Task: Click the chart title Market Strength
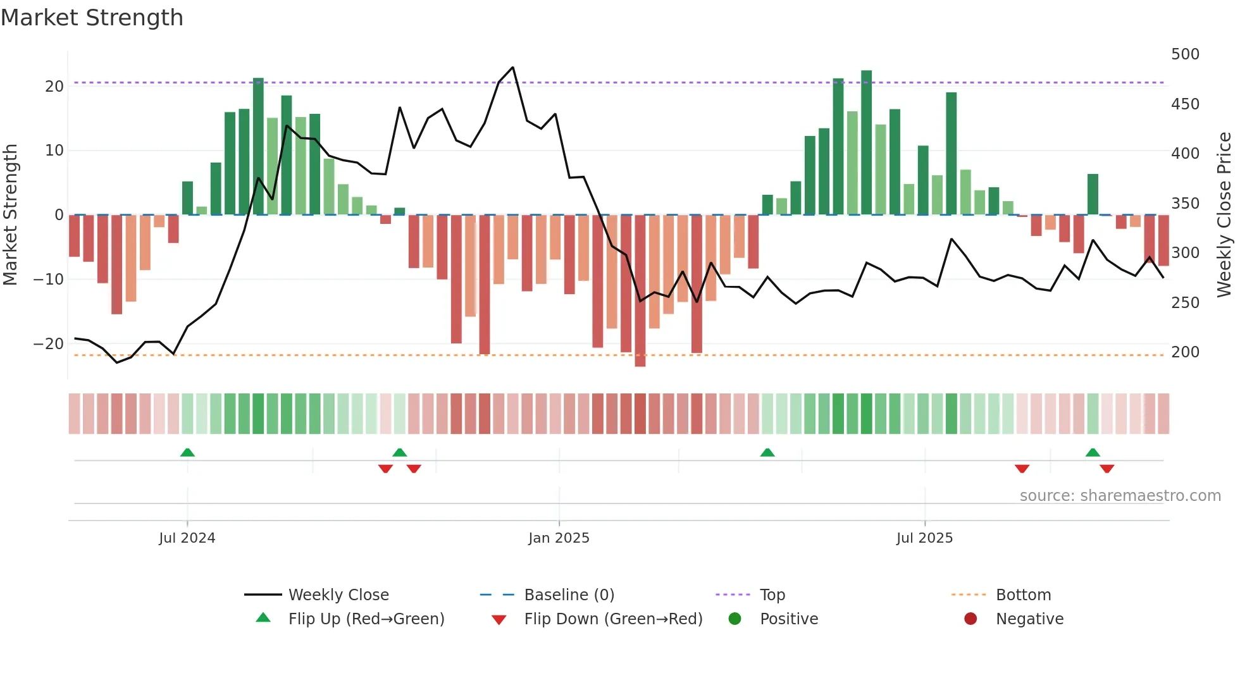(92, 18)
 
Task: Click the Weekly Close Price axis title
(1224, 214)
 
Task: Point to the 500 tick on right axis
(1184, 54)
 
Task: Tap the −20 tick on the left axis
(49, 344)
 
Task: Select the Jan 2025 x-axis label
(559, 538)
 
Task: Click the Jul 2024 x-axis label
(187, 538)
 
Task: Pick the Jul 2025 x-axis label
(924, 538)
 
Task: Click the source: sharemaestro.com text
(1120, 496)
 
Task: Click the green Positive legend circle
(735, 619)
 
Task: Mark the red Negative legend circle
(970, 619)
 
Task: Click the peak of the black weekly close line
(512, 67)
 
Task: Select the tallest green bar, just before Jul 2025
(866, 142)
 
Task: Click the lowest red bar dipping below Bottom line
(640, 291)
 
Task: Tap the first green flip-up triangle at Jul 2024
(187, 452)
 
